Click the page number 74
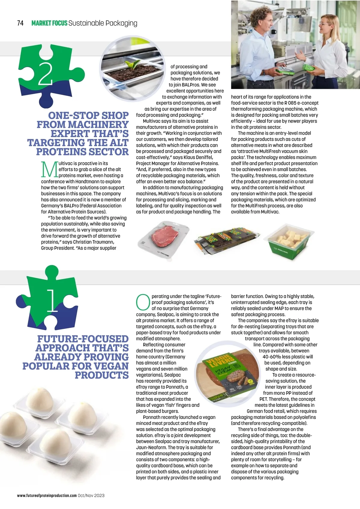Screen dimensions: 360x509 [x=20, y=23]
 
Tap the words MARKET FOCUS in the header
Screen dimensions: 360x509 [x=49, y=23]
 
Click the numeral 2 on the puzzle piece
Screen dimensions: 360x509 [x=45, y=74]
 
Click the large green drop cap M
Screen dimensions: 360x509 [x=49, y=169]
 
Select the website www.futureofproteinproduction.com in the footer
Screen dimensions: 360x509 [x=47, y=495]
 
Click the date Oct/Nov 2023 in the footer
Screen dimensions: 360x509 [x=91, y=495]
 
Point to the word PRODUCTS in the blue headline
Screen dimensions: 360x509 [x=101, y=375]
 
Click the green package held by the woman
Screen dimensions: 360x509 [x=308, y=67]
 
